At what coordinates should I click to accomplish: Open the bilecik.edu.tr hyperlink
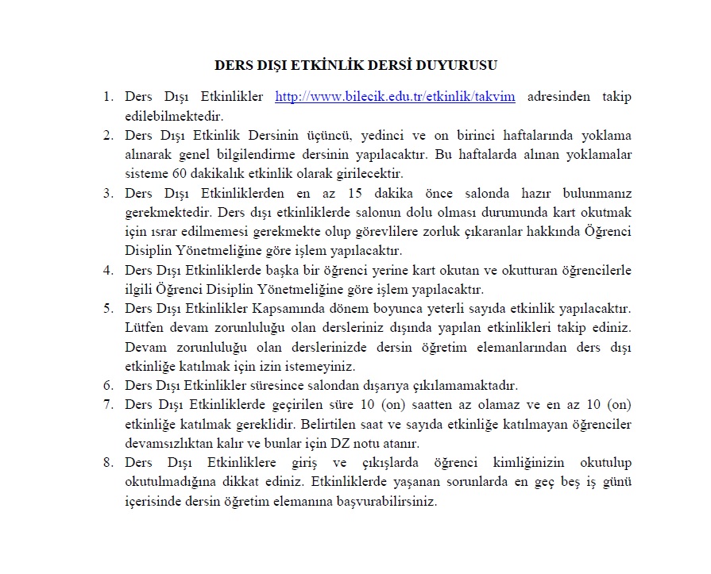395,98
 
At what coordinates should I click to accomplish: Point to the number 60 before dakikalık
174,173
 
